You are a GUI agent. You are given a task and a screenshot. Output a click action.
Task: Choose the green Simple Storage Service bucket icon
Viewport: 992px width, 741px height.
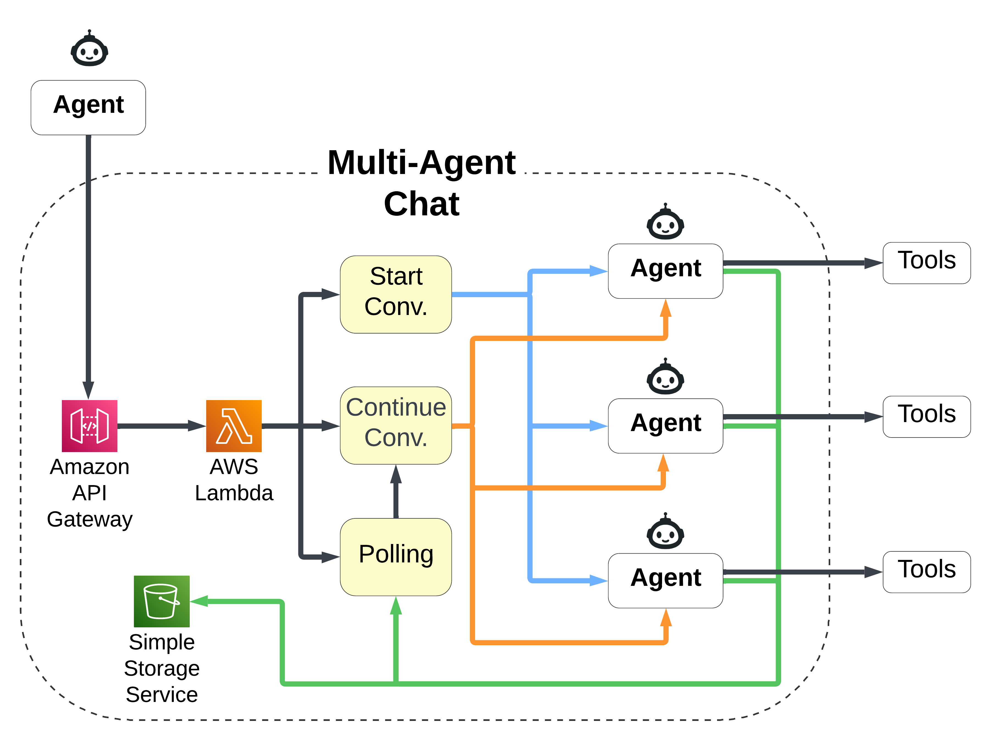click(x=161, y=601)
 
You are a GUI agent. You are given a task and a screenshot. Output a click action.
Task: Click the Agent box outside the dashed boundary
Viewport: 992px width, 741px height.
click(x=88, y=107)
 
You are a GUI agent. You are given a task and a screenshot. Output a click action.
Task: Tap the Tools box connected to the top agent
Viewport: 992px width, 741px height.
click(x=926, y=263)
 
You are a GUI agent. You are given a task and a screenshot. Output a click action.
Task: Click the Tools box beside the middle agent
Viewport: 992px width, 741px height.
click(x=926, y=416)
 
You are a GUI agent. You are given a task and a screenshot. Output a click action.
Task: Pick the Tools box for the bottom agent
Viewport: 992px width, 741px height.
click(x=926, y=572)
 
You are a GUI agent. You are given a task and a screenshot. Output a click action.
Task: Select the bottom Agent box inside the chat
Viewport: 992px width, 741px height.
click(x=665, y=580)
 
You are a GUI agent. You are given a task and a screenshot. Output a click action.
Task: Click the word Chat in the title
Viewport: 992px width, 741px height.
click(x=421, y=204)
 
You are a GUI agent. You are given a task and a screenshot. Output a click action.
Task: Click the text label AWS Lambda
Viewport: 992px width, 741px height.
click(x=233, y=480)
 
